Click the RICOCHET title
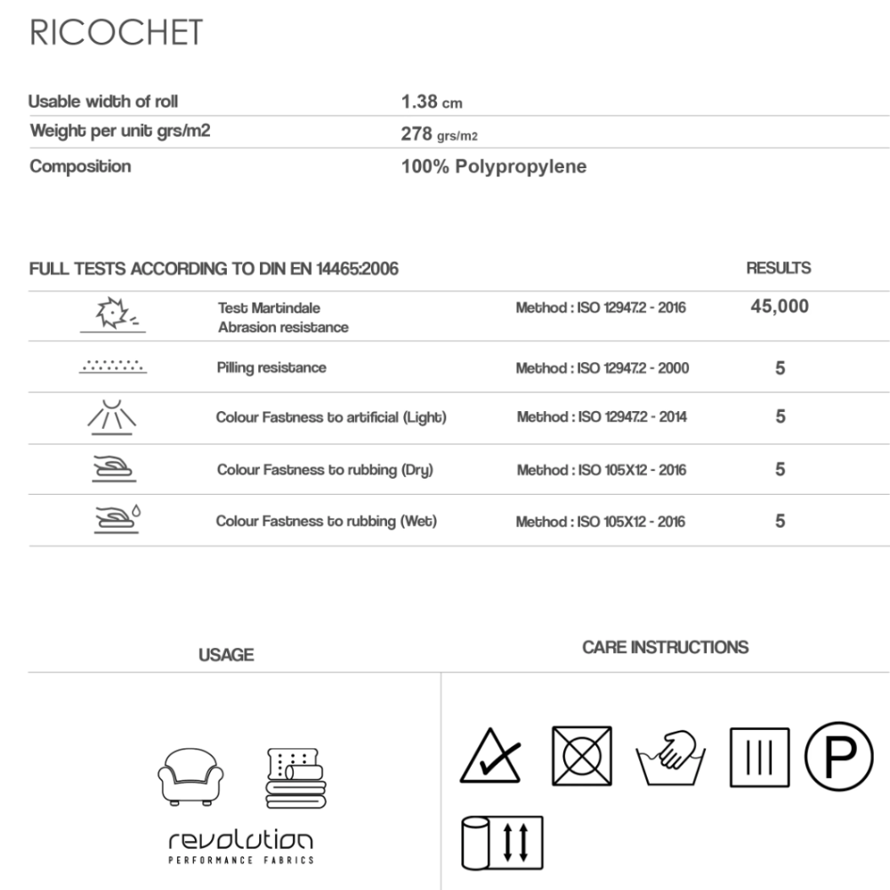tap(117, 34)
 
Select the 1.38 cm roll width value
tap(432, 102)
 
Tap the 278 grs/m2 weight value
tap(441, 135)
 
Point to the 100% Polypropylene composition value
tap(494, 167)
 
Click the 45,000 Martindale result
tap(780, 307)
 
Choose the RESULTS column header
tap(778, 268)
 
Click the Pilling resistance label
tap(271, 368)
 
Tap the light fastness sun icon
tap(112, 417)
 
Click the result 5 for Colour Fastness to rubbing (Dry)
tap(781, 469)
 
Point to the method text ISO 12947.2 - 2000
tap(602, 368)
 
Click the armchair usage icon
tap(190, 776)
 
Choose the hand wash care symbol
tap(670, 756)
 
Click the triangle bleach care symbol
tap(489, 756)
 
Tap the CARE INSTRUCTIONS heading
tap(665, 647)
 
